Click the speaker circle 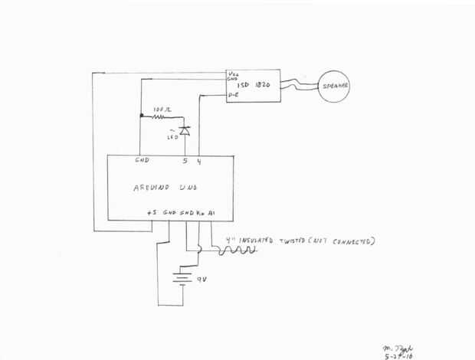333,87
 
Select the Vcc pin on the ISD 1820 232,74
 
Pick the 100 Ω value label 161,110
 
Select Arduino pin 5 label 185,161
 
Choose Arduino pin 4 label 199,161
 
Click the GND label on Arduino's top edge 142,161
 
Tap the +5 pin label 152,214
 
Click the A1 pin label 211,214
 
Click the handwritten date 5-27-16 397,355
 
